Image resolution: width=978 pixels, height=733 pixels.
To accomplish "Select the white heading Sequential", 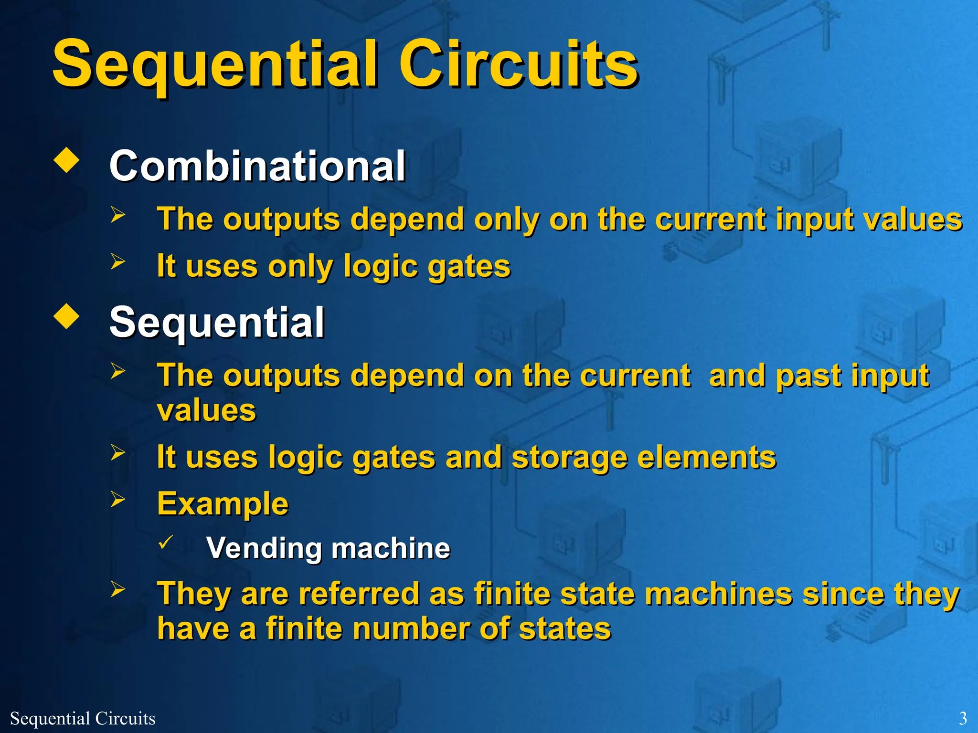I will [217, 322].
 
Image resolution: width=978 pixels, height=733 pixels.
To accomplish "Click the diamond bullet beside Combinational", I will [67, 160].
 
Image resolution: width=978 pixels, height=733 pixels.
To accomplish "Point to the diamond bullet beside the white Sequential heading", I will [67, 317].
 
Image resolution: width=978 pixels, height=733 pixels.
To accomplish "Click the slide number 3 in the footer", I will [963, 718].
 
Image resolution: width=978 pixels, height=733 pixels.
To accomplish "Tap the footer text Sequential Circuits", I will [83, 718].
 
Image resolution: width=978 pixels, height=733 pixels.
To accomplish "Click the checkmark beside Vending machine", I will [165, 542].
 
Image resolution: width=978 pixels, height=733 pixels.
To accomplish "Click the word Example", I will [223, 503].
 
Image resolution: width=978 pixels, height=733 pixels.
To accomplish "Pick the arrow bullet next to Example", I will [117, 499].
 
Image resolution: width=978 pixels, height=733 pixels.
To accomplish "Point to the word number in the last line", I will [369, 628].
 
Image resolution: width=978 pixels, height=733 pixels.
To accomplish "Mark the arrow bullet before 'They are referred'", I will [117, 589].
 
